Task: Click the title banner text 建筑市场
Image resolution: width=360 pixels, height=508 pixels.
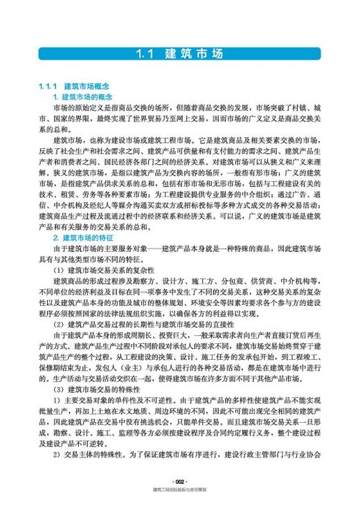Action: (197, 54)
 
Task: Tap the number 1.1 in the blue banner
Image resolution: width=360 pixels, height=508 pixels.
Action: (148, 54)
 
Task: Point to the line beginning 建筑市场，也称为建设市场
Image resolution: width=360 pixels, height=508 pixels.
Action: (187, 138)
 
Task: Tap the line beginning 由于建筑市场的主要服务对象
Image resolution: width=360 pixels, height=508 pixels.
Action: (187, 248)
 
